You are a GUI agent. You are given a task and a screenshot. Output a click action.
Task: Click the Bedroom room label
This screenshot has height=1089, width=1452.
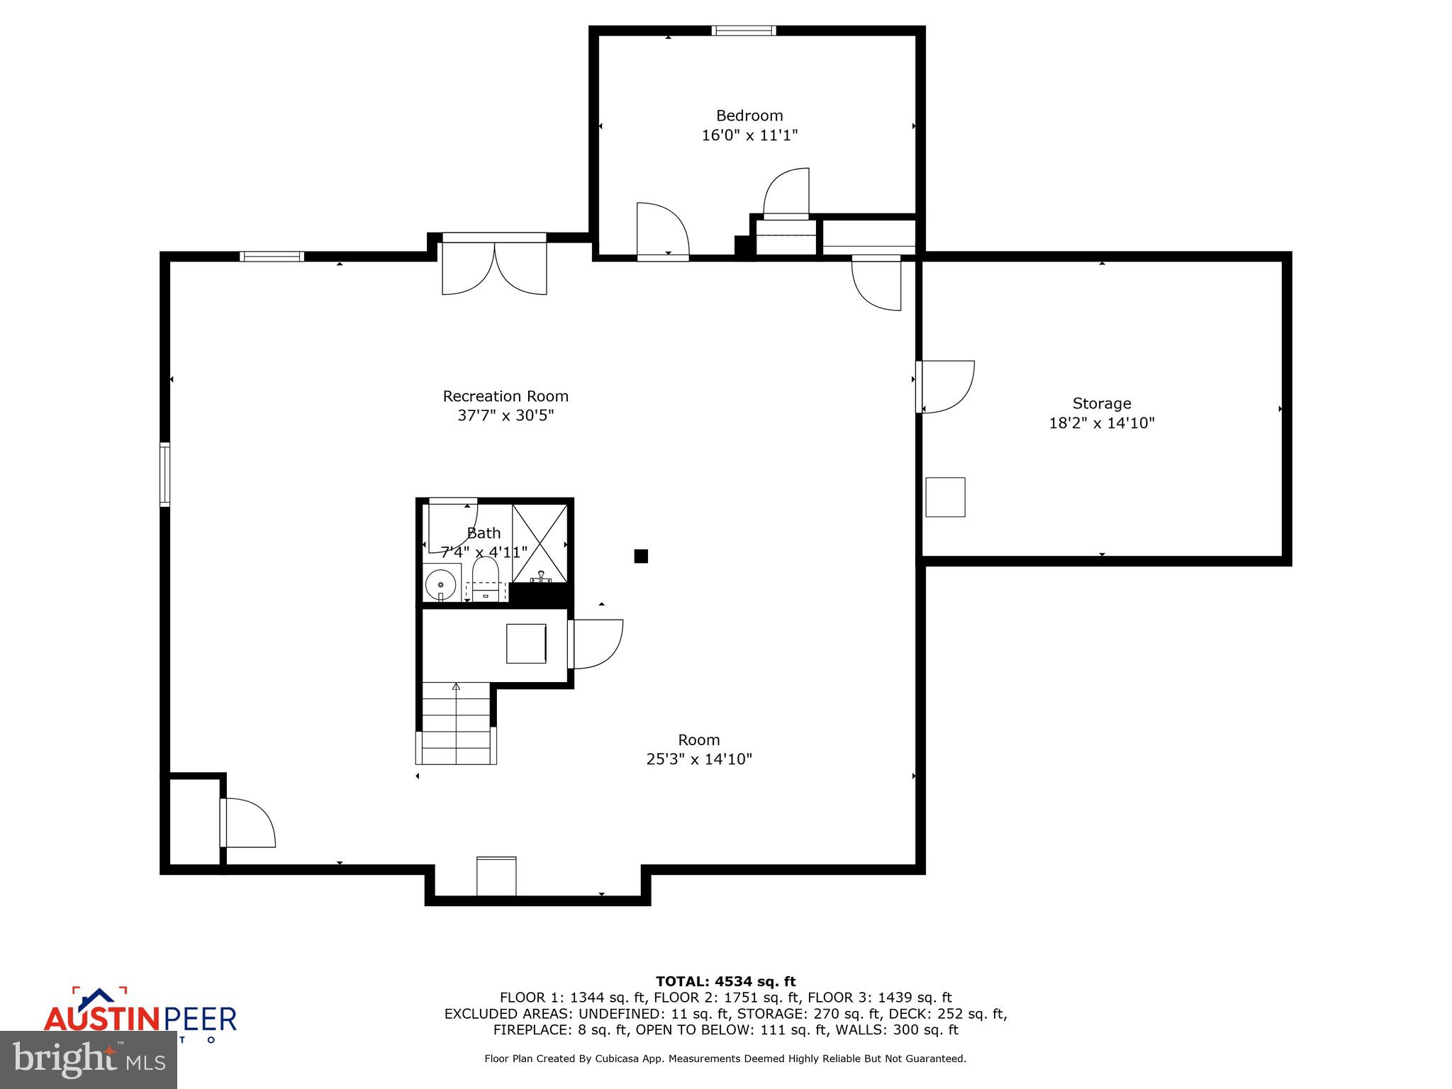pos(749,116)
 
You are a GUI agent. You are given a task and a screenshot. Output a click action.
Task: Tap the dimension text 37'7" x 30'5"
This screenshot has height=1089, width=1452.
pos(505,415)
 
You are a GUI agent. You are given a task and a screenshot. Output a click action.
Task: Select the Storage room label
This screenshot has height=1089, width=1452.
pos(1101,403)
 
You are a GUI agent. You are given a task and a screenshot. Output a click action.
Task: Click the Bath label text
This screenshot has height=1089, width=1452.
pos(484,533)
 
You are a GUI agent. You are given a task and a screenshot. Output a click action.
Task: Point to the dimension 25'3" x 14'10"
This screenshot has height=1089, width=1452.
pos(698,759)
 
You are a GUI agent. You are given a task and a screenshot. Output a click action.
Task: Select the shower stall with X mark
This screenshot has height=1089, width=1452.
pos(540,543)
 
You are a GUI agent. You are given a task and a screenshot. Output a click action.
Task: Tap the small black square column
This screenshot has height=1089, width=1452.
pos(641,556)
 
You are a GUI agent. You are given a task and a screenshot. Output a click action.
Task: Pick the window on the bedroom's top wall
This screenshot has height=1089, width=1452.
pos(744,30)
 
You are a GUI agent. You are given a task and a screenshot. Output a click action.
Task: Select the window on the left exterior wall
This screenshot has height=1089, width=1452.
pos(164,474)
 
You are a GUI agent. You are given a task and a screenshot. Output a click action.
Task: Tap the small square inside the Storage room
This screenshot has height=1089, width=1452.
pos(945,497)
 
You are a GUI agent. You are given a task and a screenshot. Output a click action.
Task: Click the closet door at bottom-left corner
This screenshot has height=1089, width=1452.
pos(247,822)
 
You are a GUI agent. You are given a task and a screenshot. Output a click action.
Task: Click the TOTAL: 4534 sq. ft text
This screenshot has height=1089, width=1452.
pos(725,981)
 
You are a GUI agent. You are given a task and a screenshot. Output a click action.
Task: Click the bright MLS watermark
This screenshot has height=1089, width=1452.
pos(89,1059)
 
